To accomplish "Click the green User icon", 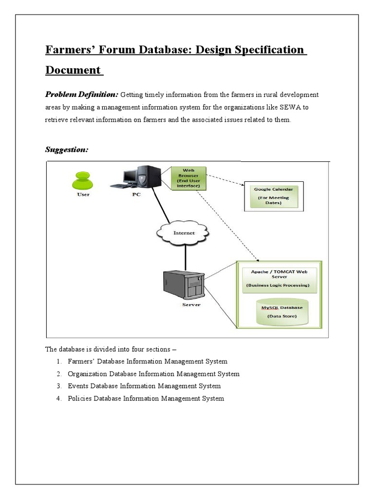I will point(83,181).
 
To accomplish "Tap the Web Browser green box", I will point(188,177).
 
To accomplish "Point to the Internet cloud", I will point(184,233).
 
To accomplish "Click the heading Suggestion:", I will point(67,150).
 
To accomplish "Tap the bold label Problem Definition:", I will point(81,94).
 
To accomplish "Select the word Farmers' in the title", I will point(66,50).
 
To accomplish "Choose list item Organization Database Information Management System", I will point(153,374).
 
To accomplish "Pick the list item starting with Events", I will point(144,386).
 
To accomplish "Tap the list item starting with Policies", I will point(146,399).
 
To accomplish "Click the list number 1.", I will point(58,362).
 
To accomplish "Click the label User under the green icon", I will point(83,194).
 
